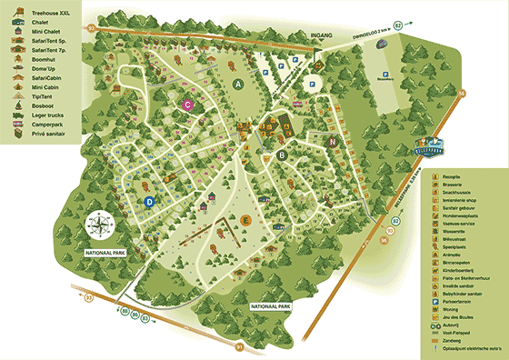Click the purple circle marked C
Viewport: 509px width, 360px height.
tap(187, 105)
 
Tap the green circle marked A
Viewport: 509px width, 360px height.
tap(239, 84)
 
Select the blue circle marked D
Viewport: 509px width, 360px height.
tap(150, 202)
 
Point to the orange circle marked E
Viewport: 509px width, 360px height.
tap(245, 218)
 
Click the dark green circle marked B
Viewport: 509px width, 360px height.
tap(282, 155)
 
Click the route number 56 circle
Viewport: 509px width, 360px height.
tap(461, 93)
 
